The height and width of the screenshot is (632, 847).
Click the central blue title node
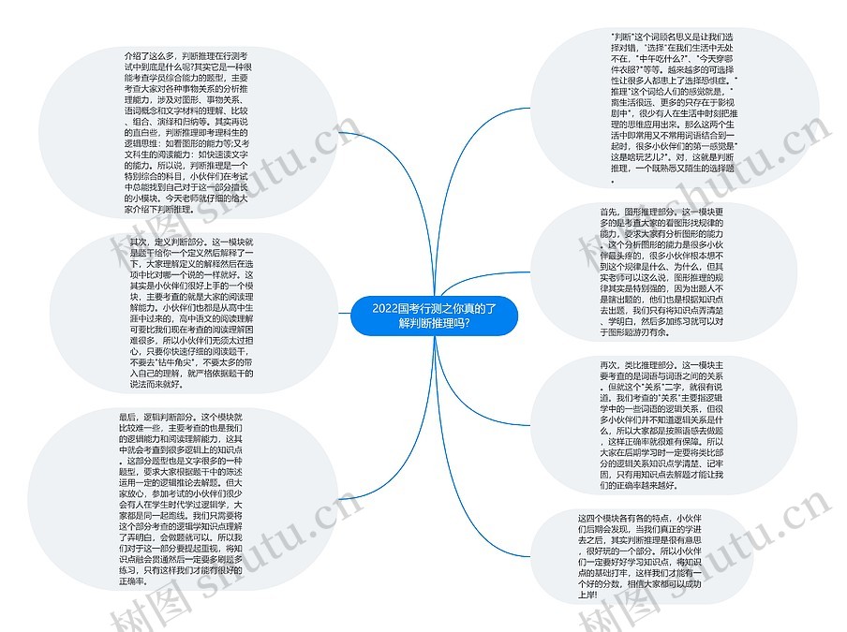433,316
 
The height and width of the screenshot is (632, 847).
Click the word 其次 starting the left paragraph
139,243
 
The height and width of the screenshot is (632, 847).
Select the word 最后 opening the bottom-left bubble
128,416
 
